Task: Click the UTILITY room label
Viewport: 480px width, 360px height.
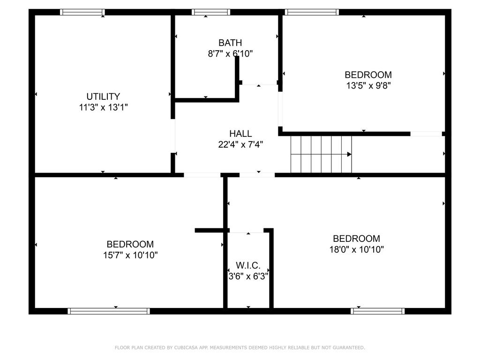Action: tap(103, 97)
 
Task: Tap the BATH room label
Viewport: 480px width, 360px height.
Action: tap(230, 43)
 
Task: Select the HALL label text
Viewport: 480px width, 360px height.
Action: tap(240, 134)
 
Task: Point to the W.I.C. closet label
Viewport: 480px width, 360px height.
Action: tap(248, 265)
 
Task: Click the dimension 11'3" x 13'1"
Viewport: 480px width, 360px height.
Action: tap(103, 107)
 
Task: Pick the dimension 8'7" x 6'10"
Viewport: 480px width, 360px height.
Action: tap(230, 53)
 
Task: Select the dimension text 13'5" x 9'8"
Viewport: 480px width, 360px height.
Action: tap(368, 85)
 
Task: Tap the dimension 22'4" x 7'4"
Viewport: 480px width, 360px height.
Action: tap(240, 144)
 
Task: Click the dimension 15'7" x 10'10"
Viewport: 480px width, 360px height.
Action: tap(130, 255)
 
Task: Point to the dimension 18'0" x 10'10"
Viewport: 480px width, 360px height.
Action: tap(357, 249)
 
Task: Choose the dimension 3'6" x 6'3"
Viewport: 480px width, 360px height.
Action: tap(248, 276)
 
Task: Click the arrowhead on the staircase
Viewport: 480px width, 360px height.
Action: tap(349, 154)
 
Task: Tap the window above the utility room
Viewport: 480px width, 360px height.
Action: tap(82, 12)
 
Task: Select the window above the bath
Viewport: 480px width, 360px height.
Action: tap(211, 12)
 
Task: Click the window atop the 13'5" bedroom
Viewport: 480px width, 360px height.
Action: tap(312, 12)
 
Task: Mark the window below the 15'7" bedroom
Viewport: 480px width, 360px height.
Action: tap(109, 311)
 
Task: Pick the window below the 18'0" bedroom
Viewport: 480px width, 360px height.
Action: tap(378, 311)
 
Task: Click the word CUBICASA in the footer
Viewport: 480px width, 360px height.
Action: tap(186, 347)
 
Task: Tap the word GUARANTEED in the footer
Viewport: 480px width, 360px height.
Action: tap(349, 347)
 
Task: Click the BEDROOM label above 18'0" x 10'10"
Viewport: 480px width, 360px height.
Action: tap(357, 239)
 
